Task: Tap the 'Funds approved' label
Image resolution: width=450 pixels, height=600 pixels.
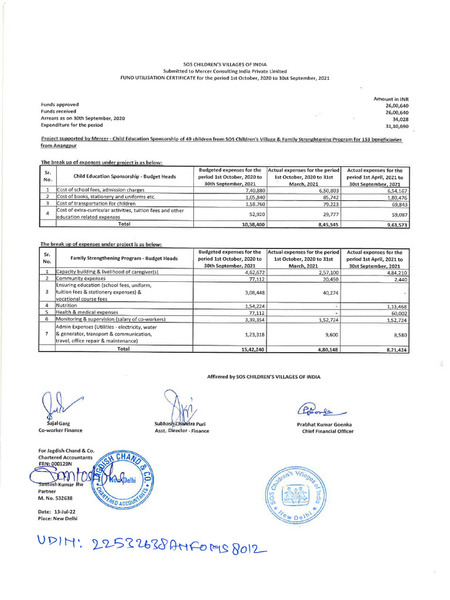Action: pyautogui.click(x=59, y=105)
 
